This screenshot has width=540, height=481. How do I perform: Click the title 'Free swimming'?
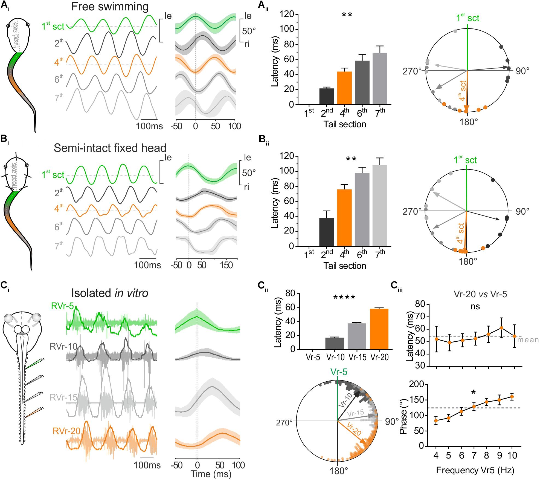click(110, 7)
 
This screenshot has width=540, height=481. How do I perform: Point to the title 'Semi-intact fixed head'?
click(110, 148)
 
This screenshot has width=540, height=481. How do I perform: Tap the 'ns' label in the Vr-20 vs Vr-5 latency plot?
click(475, 306)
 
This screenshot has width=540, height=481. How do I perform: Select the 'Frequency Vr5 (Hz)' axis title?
click(475, 470)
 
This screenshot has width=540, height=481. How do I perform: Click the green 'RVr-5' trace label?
click(63, 307)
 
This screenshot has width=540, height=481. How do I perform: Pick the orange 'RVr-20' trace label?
click(64, 431)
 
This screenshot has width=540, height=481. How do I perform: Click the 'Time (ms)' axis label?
click(211, 474)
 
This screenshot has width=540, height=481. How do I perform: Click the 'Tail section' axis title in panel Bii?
click(345, 266)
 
